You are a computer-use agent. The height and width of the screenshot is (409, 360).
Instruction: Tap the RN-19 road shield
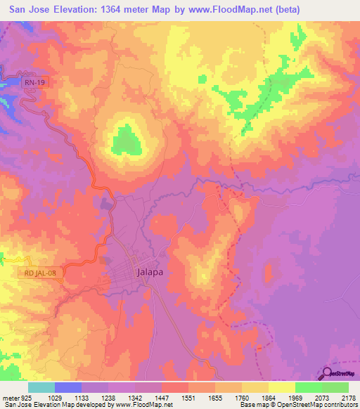(x=27, y=82)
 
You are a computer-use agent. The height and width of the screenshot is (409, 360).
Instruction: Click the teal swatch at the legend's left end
(x=41, y=387)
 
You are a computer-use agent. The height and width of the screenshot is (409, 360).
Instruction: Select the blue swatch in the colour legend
(x=68, y=387)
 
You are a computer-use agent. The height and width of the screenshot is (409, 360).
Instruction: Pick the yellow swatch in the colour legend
(x=282, y=387)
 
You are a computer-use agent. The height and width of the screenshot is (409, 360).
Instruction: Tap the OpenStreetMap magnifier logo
(x=328, y=375)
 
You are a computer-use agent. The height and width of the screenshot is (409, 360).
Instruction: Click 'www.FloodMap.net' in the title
(x=232, y=10)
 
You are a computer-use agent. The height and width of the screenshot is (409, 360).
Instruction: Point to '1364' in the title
(x=129, y=10)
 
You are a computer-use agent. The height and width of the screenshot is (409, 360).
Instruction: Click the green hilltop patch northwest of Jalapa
(x=127, y=139)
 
